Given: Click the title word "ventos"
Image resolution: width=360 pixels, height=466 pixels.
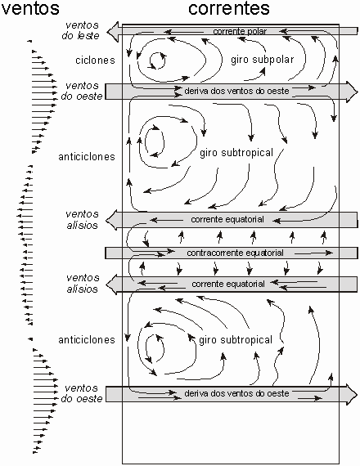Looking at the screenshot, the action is (x=30, y=8).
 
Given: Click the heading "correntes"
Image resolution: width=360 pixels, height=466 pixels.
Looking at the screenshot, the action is (x=229, y=8).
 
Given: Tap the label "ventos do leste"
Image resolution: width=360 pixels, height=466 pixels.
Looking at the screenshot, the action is (x=81, y=30).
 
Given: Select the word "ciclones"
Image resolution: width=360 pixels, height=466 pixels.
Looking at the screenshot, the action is (x=95, y=60).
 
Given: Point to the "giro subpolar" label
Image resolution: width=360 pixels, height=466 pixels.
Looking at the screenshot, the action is (x=263, y=60).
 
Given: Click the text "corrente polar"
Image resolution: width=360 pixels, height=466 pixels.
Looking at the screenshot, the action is (x=240, y=31).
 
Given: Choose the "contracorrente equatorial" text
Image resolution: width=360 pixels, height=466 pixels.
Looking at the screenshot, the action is (x=235, y=253).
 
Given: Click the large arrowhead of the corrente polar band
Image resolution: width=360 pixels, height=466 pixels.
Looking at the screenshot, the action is (x=112, y=32).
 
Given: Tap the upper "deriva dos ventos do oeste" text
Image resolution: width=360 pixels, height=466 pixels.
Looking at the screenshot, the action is (x=236, y=91).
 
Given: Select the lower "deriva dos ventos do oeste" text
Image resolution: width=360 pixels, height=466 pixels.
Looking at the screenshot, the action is (x=236, y=393).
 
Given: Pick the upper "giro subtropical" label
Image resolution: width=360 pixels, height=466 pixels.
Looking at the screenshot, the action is (x=236, y=153).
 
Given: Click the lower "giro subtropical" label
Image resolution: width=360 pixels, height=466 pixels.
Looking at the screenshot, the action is (x=236, y=340).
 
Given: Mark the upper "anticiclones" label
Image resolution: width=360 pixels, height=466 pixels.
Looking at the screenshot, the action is (x=87, y=157).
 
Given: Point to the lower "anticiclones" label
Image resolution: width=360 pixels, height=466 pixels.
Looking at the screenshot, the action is (x=87, y=340).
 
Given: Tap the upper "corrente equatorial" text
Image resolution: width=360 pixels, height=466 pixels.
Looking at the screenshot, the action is (x=227, y=220).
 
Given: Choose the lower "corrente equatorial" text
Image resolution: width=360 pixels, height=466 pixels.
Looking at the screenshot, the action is (x=228, y=285).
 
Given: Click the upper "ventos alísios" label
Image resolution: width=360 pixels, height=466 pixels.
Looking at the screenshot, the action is (x=82, y=220).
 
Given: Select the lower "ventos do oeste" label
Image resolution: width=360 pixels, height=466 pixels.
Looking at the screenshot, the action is (x=82, y=393).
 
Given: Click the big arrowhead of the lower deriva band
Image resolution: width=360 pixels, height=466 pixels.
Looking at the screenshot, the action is (x=352, y=394).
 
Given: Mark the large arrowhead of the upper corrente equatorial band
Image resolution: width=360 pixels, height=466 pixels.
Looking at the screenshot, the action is (x=112, y=220).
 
